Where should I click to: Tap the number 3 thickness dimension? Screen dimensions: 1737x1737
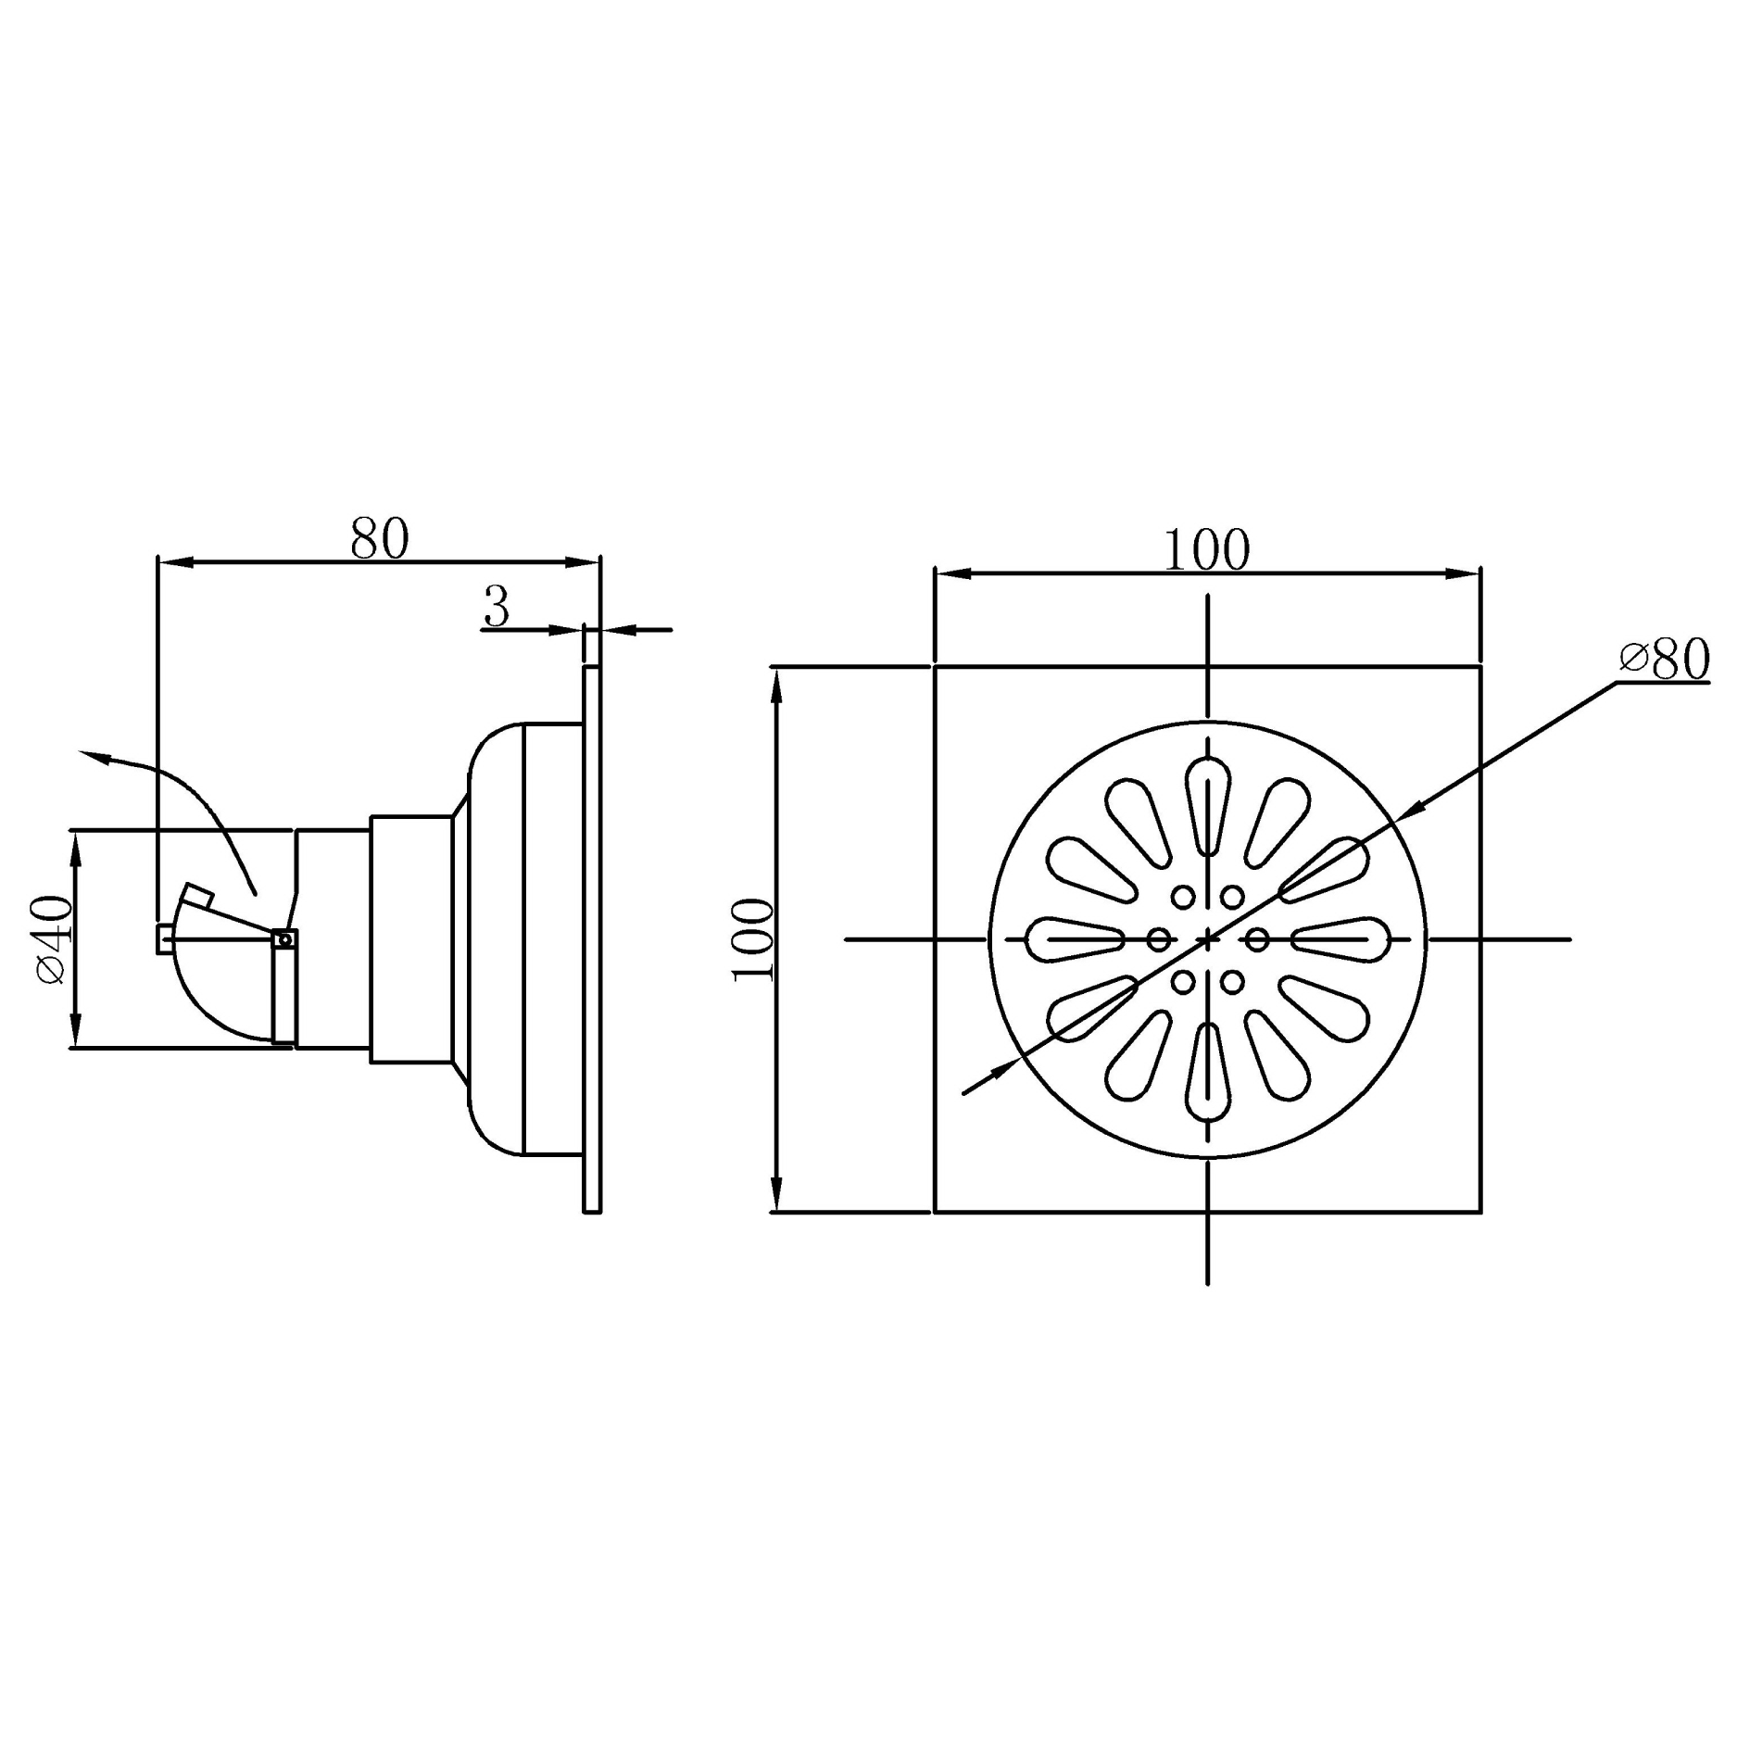[x=497, y=608]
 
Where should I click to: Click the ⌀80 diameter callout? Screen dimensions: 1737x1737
[x=1664, y=660]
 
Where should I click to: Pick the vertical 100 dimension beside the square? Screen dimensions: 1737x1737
[x=753, y=939]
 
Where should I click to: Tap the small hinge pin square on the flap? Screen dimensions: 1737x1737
[x=285, y=940]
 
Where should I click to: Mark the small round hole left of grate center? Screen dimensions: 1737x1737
[x=1158, y=939]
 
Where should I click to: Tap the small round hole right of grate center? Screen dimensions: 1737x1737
[x=1257, y=939]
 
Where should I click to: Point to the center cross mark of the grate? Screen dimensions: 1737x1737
[x=1208, y=939]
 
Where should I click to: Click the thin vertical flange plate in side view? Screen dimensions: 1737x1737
[x=592, y=938]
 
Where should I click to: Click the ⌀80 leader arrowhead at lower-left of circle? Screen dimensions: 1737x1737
[x=1001, y=1070]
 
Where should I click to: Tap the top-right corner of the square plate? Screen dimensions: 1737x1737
[x=1479, y=667]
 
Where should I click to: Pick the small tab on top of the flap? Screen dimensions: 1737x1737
[x=198, y=895]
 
